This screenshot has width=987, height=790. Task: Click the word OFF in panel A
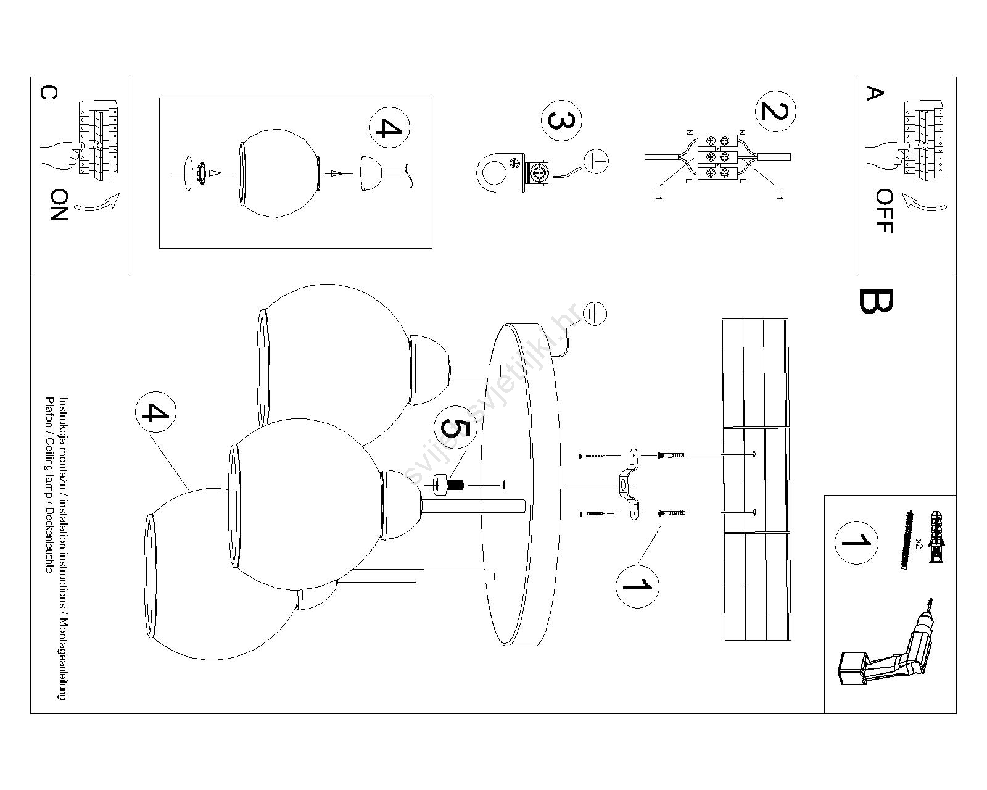click(884, 211)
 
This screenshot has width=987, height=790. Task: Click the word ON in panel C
click(59, 206)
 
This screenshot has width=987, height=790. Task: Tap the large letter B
click(875, 301)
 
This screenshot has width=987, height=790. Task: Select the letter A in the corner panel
click(875, 94)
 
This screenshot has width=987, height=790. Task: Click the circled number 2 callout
click(775, 112)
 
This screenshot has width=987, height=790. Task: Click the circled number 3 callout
click(561, 120)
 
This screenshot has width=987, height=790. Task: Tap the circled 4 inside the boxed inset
click(389, 128)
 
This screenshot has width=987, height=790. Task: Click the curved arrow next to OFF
click(922, 203)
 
